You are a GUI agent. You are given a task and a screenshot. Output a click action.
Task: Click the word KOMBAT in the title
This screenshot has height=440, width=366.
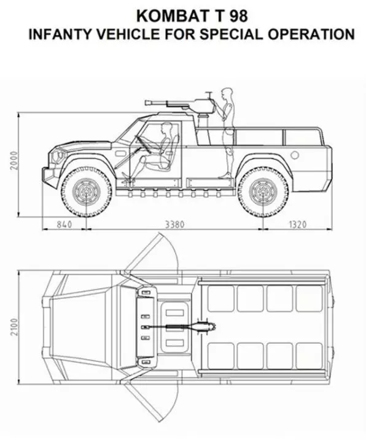click(171, 16)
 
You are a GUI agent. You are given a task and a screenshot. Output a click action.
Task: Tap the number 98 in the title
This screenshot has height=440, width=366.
click(239, 16)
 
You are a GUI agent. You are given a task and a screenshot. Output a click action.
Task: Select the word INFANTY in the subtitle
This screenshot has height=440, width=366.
click(60, 34)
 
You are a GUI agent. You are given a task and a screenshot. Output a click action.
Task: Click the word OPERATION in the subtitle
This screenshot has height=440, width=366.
click(311, 34)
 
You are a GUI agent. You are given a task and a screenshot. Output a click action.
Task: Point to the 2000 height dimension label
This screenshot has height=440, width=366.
click(14, 160)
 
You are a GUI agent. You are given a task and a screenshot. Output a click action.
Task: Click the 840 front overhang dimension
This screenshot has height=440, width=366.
click(64, 224)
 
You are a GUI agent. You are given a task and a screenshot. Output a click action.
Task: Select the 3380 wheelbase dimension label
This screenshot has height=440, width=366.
click(174, 224)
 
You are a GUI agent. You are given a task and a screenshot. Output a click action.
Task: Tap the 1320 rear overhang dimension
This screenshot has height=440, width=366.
click(297, 224)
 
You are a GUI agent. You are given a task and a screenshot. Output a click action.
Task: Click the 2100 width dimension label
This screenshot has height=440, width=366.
click(14, 327)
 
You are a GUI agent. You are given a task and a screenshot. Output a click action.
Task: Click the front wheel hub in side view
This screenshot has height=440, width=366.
click(87, 192)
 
